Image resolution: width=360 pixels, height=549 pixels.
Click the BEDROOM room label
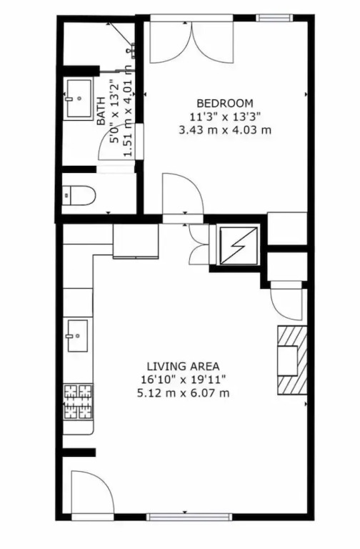point(224,103)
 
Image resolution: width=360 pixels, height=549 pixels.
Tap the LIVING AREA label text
point(183,366)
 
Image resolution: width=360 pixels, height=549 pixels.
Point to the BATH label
point(101,111)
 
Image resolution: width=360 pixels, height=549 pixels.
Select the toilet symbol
point(79,196)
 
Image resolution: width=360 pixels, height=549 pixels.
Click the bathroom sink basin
point(79,99)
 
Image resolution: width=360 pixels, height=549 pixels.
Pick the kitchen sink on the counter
point(77,335)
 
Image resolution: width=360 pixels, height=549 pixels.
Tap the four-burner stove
point(78,402)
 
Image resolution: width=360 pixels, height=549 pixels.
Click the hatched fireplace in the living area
point(292,360)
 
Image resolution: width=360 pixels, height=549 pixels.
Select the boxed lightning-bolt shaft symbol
point(239,245)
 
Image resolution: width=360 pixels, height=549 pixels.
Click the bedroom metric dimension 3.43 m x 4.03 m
point(225,130)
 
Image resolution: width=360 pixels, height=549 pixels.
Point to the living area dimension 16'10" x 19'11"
point(183,380)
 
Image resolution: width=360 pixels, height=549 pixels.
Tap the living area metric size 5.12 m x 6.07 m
point(183,393)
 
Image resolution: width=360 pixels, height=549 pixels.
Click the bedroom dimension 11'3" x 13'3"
point(225,117)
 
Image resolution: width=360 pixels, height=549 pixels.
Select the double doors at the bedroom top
point(191,42)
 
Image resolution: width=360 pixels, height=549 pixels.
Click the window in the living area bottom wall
point(189,517)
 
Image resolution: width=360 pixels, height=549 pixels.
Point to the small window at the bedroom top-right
point(274,17)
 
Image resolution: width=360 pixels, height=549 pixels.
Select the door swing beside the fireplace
point(287,304)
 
